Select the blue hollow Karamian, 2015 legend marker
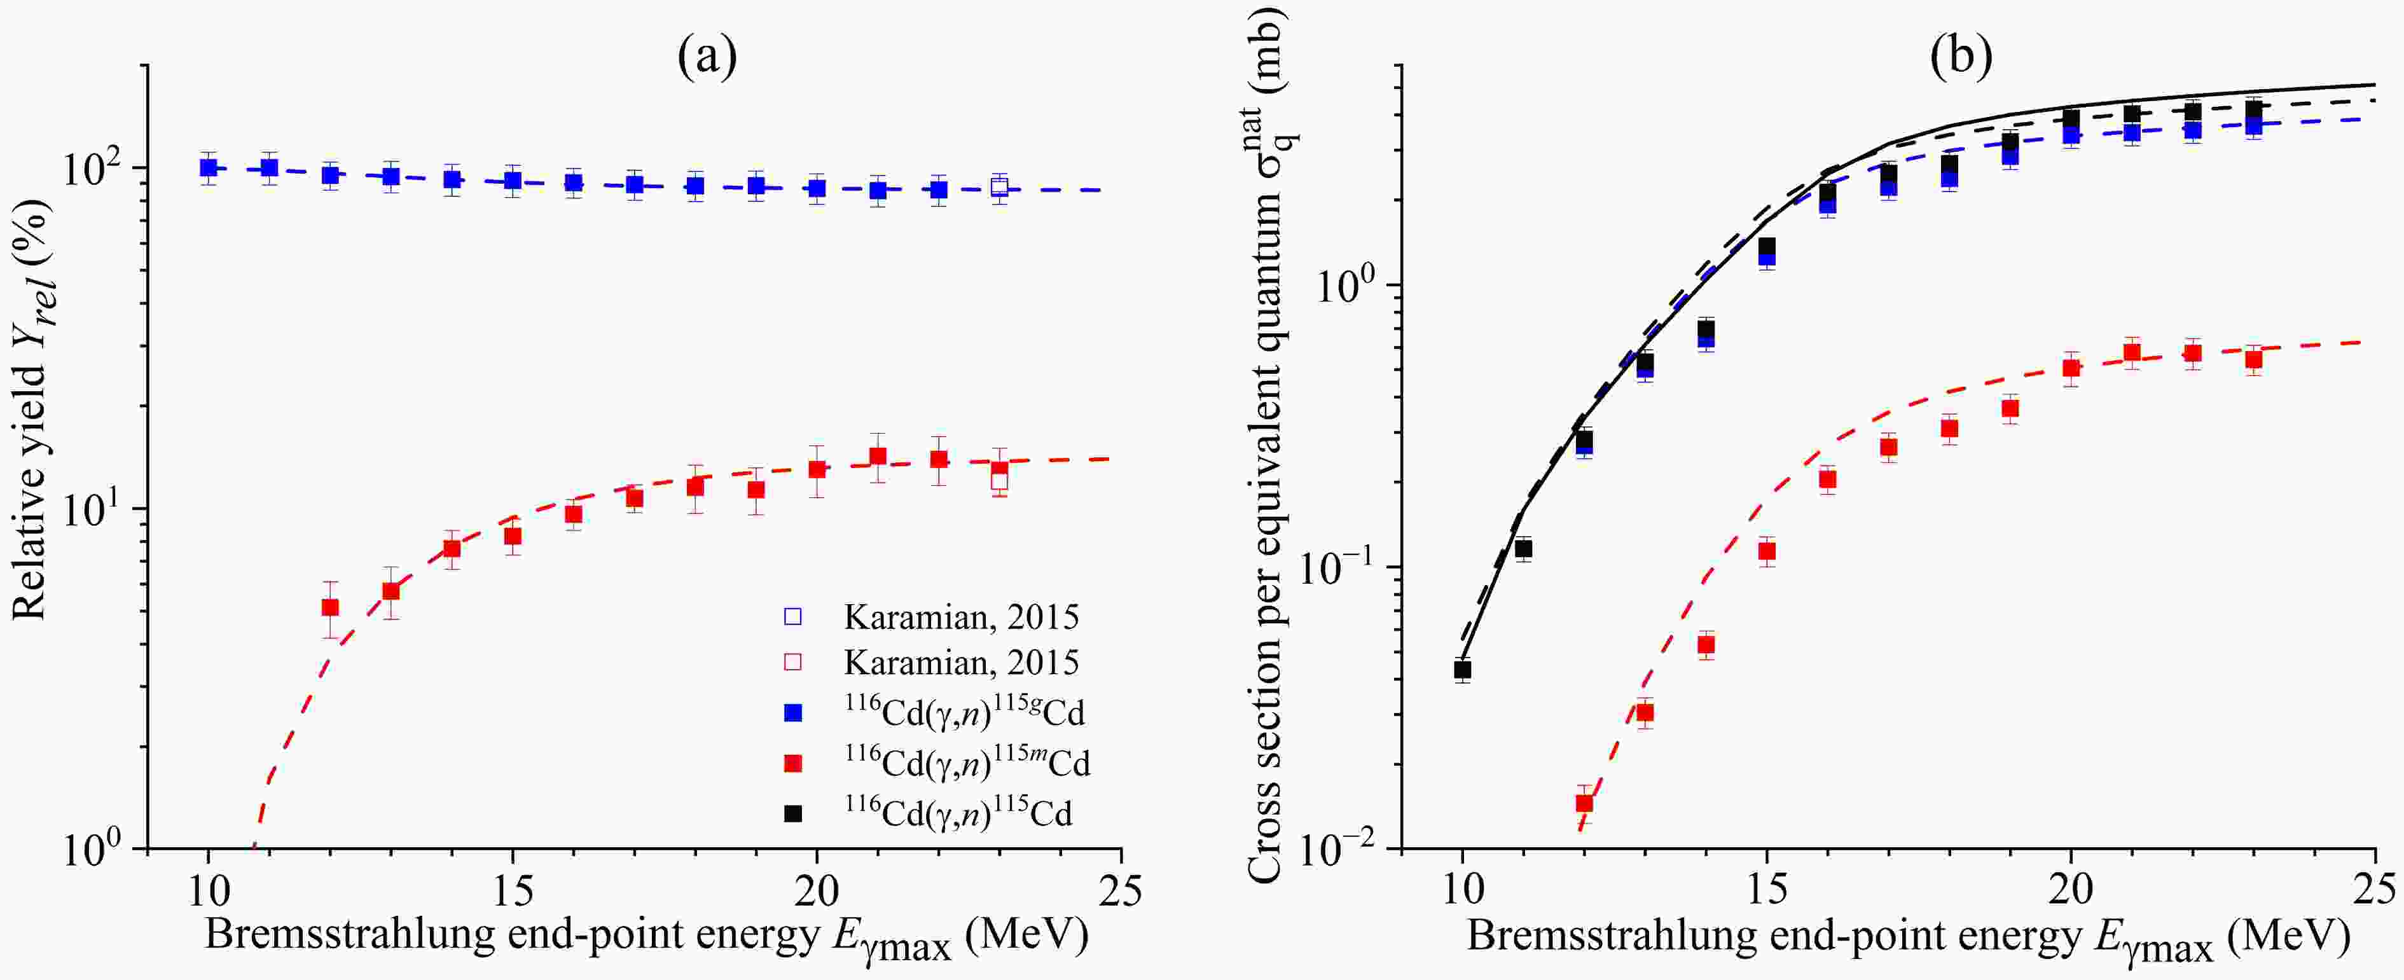coord(793,617)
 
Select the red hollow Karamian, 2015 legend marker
coord(793,663)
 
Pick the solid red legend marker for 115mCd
coord(793,764)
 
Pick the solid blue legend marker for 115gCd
coord(793,713)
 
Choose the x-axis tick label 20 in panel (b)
coord(2071,892)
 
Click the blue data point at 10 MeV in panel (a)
coord(209,168)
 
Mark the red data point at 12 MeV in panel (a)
coord(330,607)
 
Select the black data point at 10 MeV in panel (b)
coord(1462,669)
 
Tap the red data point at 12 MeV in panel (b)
coord(1584,803)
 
